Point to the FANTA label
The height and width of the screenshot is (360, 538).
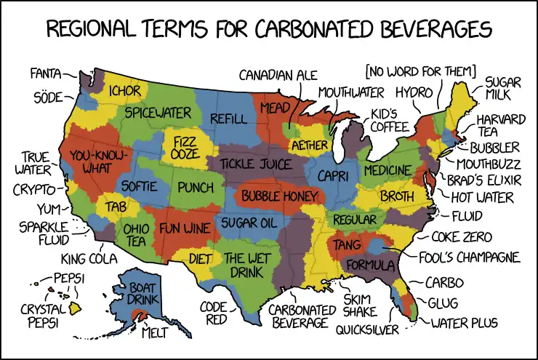tap(45, 73)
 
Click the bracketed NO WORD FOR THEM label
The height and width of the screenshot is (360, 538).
tap(421, 71)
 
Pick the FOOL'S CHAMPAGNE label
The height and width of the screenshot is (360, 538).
tap(470, 257)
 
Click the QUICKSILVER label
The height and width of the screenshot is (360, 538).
tap(368, 329)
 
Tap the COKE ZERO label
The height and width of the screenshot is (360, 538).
tap(461, 237)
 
